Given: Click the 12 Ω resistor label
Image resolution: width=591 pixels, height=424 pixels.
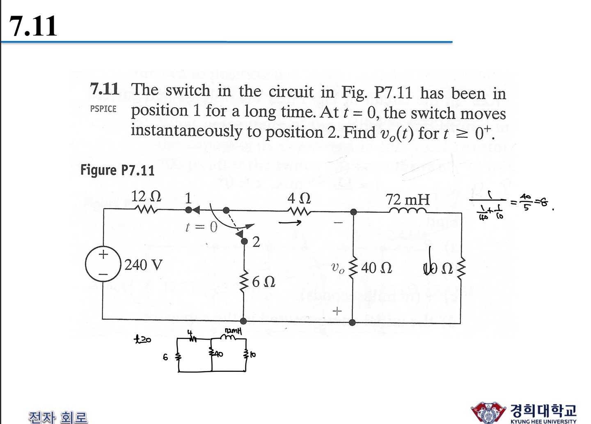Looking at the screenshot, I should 146,196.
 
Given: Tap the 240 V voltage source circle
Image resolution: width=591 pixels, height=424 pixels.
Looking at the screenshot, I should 103,264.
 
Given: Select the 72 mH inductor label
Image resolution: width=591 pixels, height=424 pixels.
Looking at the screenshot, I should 408,200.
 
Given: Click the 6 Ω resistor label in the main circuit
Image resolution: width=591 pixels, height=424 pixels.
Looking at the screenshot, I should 263,282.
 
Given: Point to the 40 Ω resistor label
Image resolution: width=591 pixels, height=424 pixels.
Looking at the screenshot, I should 376,268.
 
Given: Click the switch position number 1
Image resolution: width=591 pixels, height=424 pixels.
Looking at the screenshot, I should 188,198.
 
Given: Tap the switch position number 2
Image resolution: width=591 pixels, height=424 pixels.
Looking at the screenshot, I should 256,242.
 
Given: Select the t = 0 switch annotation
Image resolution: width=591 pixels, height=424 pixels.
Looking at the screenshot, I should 201,226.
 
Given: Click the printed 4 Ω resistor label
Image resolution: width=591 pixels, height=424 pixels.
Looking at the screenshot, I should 299,198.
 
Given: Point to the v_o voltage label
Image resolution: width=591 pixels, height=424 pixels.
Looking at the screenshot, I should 337,268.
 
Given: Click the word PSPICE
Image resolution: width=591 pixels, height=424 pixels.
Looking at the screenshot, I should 103,109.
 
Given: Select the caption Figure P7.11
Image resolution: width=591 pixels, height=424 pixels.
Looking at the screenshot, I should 117,170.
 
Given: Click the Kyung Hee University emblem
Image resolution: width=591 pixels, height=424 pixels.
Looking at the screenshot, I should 488,412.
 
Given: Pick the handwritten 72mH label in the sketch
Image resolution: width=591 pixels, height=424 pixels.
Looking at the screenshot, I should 233,331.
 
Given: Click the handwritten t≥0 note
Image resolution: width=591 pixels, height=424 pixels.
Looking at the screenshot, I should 142,339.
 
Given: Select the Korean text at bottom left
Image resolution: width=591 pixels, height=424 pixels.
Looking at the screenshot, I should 58,417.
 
